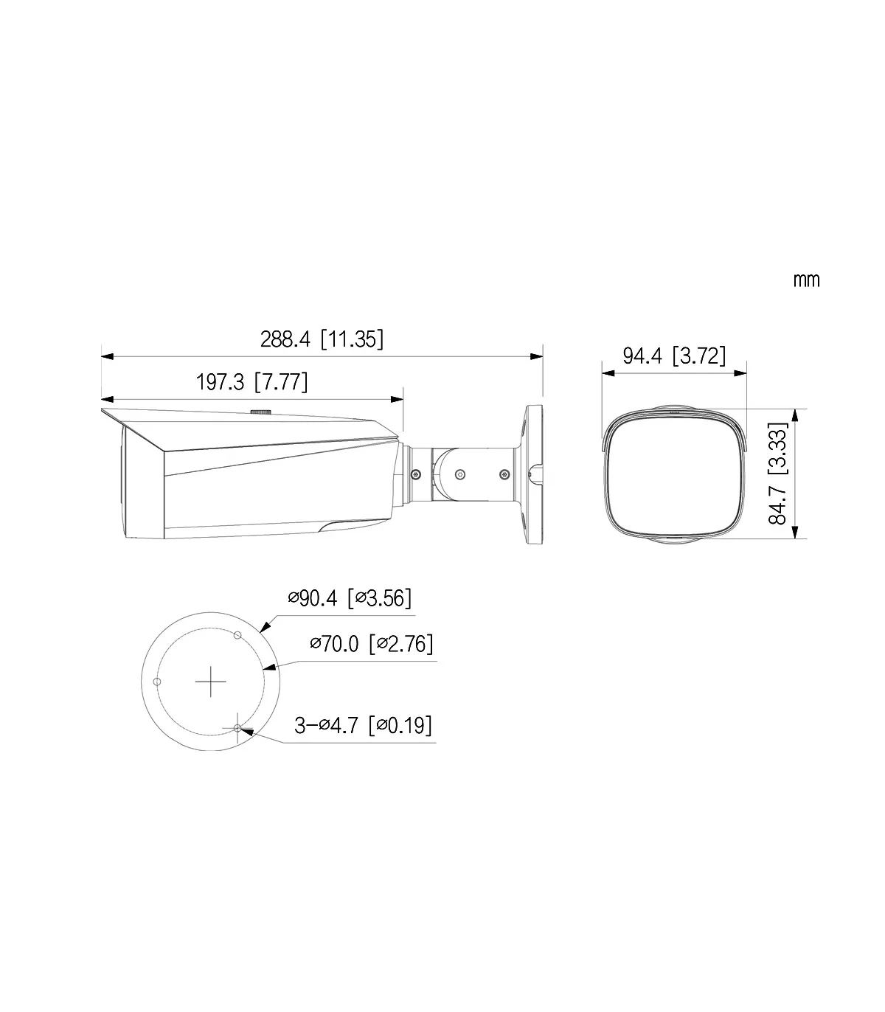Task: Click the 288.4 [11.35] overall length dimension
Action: point(322,339)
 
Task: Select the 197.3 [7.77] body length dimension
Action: point(251,382)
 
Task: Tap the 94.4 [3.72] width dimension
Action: point(674,356)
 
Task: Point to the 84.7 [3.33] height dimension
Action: point(777,474)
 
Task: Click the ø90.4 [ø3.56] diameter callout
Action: point(350,598)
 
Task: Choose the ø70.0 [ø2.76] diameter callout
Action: point(371,643)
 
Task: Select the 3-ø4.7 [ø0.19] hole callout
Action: point(363,725)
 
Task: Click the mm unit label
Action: point(806,280)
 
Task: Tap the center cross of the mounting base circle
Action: point(211,682)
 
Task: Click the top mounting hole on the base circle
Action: point(237,635)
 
